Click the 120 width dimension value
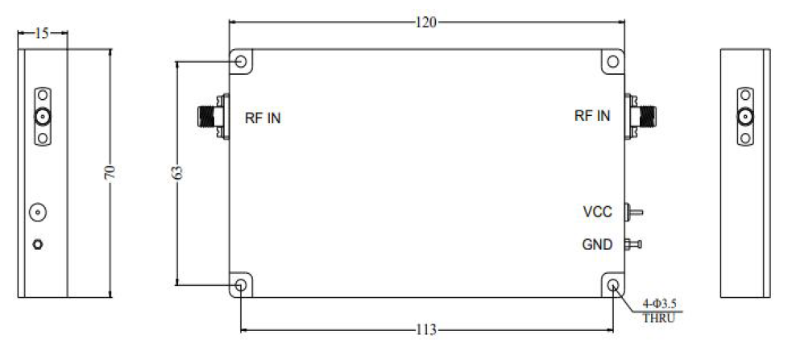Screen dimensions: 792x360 coord(425,23)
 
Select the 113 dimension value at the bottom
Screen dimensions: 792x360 coord(425,329)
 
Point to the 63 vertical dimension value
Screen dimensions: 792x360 coord(178,172)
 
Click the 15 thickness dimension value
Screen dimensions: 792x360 coord(43,33)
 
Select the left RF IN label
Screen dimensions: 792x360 coord(263,118)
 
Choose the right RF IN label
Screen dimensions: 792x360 coord(592,115)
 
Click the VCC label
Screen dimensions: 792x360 coord(598,213)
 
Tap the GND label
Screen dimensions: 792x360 coord(597,244)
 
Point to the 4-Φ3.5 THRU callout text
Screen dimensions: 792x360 coord(658,311)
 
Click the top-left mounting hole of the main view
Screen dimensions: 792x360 coord(241,61)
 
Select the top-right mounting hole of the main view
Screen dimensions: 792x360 coord(612,61)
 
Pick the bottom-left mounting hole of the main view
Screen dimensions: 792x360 coord(241,285)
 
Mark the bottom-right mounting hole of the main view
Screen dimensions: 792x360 coord(612,285)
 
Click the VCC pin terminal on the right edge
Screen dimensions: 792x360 coord(635,213)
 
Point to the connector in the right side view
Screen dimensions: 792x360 coord(746,118)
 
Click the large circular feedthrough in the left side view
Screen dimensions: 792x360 coord(37,213)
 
